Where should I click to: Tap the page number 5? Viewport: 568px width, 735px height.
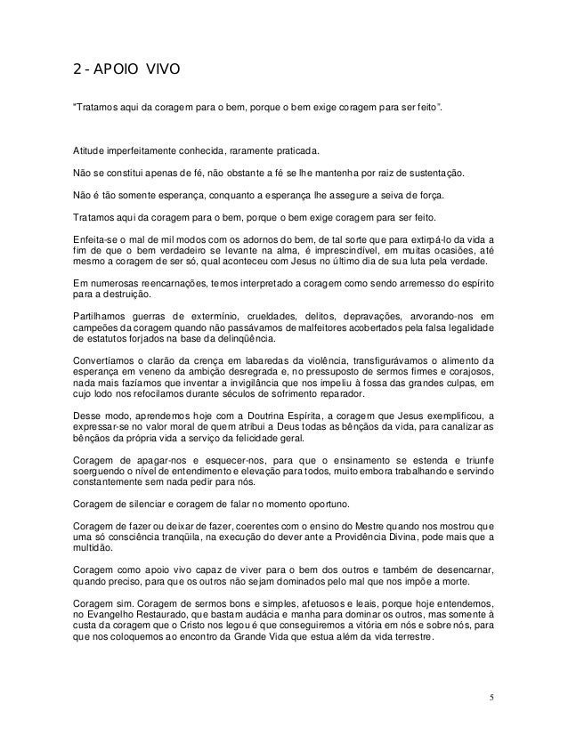492,695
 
